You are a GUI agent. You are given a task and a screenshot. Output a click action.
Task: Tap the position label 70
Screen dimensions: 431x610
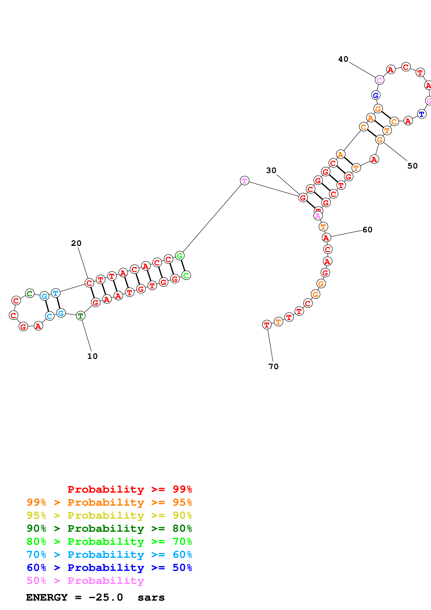pyautogui.click(x=273, y=366)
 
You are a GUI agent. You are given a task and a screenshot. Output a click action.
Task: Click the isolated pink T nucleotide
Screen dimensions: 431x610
pyautogui.click(x=244, y=181)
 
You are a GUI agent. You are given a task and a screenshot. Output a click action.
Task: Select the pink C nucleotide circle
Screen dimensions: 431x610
pyautogui.click(x=379, y=80)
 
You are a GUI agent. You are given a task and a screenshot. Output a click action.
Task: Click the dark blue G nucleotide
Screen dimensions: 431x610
pyautogui.click(x=376, y=95)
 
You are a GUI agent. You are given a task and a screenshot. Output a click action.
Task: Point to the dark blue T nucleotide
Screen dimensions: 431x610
pyautogui.click(x=421, y=114)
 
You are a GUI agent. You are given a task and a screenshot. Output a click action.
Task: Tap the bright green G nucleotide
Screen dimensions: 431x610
pyautogui.click(x=180, y=256)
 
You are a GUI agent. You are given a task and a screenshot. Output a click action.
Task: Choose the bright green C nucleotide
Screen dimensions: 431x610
pyautogui.click(x=186, y=275)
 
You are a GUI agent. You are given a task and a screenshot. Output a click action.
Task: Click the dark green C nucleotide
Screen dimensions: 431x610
pyautogui.click(x=30, y=293)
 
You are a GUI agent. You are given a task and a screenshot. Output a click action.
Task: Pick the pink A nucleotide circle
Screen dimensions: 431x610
pyautogui.click(x=318, y=216)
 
